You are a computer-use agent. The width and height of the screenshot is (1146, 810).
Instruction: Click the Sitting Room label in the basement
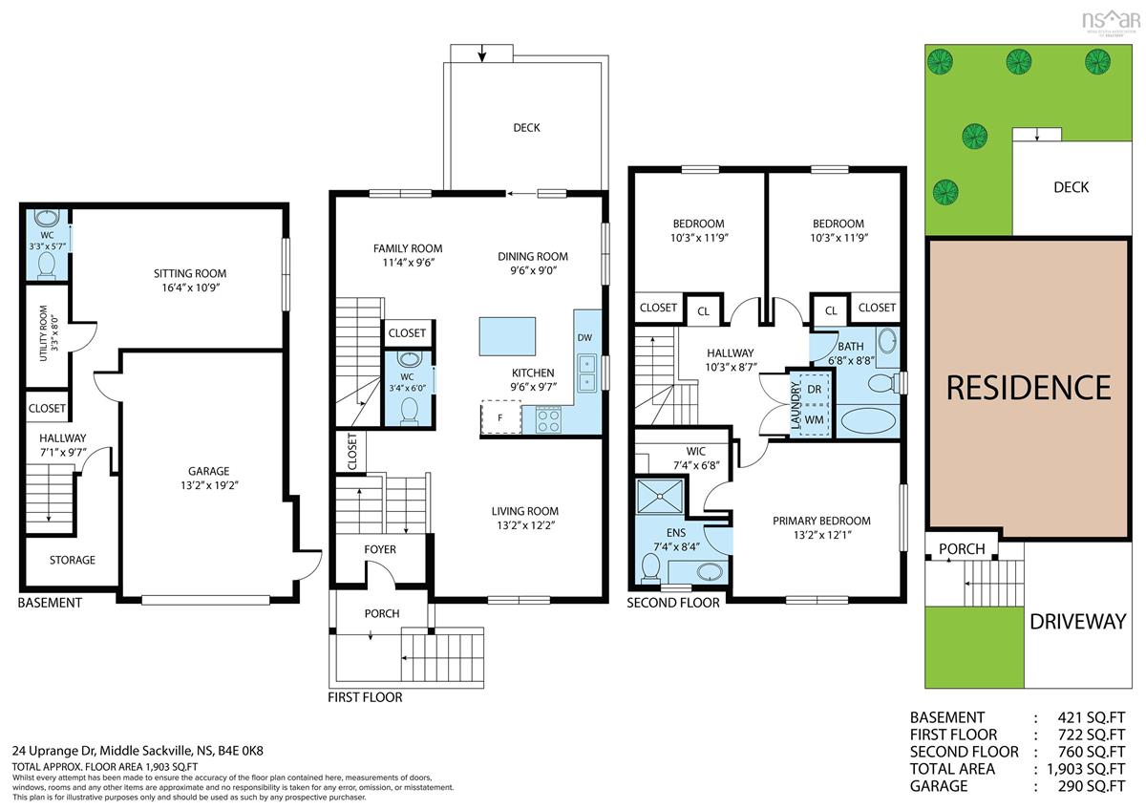(x=190, y=274)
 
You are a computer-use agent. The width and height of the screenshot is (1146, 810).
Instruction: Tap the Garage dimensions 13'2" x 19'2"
(x=209, y=485)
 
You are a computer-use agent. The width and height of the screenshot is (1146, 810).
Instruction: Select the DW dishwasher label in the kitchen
(x=584, y=338)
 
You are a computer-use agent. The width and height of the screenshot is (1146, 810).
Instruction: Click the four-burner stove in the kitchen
(x=548, y=420)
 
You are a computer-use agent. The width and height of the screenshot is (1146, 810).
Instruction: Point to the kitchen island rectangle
(x=507, y=336)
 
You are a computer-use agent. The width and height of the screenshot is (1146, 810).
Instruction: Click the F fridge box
(x=500, y=417)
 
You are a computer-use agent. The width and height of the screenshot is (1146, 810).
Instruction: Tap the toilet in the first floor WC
(x=409, y=411)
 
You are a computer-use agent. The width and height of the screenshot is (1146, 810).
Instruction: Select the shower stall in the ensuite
(x=660, y=496)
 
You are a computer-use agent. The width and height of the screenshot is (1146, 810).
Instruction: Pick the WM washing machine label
(x=814, y=420)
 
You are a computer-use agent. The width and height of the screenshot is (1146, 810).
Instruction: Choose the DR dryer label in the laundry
(x=814, y=390)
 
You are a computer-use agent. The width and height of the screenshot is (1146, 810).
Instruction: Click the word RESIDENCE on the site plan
(x=1029, y=388)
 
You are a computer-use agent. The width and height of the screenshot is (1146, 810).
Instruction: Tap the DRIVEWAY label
(x=1078, y=622)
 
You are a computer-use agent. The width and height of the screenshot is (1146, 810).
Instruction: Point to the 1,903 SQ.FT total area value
(x=1086, y=769)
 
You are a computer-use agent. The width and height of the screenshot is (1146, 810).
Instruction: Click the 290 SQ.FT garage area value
(x=1092, y=786)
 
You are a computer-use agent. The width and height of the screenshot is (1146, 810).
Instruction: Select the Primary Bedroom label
(x=821, y=521)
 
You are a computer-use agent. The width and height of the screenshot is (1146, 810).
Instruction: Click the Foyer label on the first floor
(x=380, y=549)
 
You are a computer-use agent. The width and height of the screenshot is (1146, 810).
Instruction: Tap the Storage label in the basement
(x=73, y=561)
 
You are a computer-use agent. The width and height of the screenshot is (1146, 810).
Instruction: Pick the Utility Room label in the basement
(x=44, y=333)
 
